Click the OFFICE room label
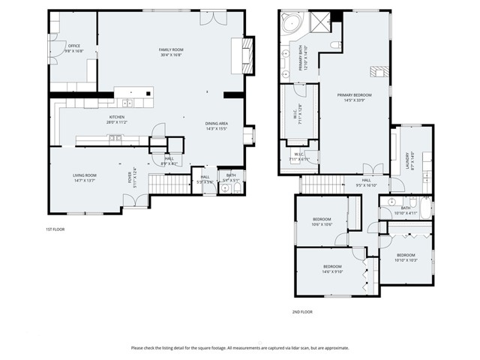pos(74,46)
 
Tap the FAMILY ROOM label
pos(171,49)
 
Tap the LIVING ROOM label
pos(84,175)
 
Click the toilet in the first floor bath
pos(226,188)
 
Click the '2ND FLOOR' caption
pos(301,310)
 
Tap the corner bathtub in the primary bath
pos(289,25)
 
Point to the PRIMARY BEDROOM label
pos(355,95)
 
